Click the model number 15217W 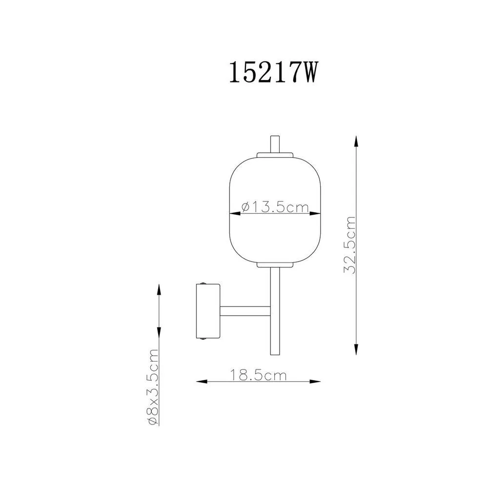click(273, 72)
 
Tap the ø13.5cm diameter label click(275, 207)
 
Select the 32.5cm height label click(349, 245)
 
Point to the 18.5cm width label click(258, 375)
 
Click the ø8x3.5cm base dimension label click(153, 387)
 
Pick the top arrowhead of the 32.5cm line click(356, 142)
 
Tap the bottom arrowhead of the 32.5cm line click(356, 348)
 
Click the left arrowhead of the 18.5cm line click(202, 381)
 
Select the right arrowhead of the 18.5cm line click(314, 381)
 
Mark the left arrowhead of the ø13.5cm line click(235, 214)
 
